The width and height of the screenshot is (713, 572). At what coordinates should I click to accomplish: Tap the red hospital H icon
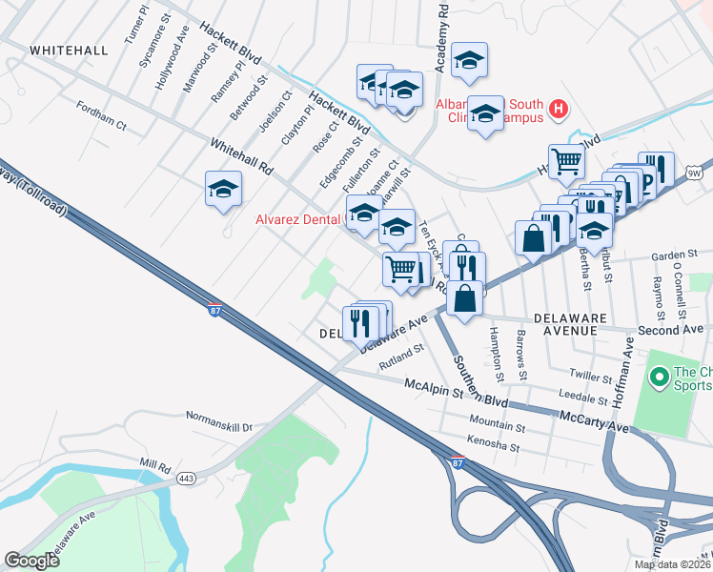click(559, 111)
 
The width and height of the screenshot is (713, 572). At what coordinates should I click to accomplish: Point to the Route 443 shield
click(185, 479)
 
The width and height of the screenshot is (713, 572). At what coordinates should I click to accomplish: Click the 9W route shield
click(696, 173)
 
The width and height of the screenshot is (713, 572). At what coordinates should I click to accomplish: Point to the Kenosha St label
click(493, 444)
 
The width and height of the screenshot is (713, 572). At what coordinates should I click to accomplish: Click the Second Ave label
click(670, 329)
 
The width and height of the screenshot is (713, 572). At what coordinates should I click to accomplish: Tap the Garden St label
click(675, 256)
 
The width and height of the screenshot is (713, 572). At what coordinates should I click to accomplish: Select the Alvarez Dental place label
click(297, 219)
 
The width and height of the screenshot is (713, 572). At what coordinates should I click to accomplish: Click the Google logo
click(31, 561)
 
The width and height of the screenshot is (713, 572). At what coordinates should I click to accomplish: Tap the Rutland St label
click(400, 355)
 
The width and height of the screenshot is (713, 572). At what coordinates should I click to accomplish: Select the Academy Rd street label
click(440, 38)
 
